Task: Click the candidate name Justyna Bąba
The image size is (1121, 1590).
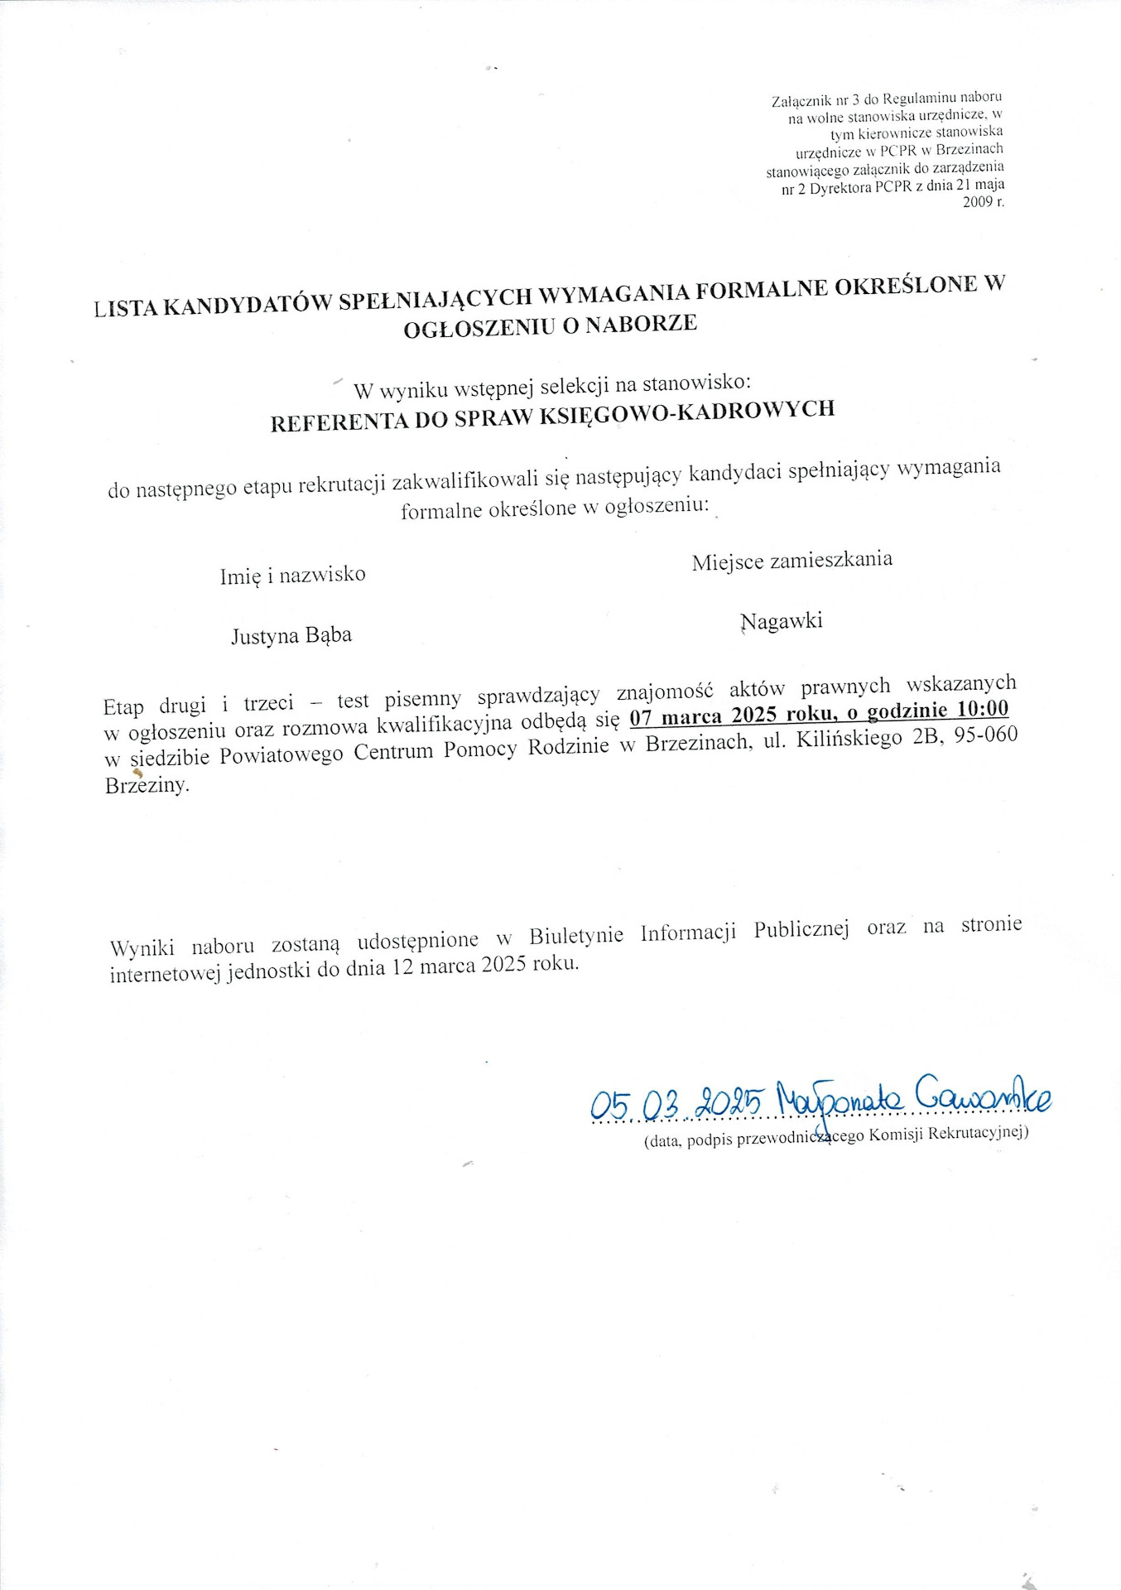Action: [291, 636]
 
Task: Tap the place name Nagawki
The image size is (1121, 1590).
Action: [782, 621]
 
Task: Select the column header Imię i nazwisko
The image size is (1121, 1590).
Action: [292, 575]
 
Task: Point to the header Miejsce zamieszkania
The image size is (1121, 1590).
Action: [792, 561]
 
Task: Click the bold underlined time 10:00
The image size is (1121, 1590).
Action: [983, 708]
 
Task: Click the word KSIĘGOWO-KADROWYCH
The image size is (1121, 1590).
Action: [686, 411]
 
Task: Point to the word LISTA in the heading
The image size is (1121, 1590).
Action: [124, 309]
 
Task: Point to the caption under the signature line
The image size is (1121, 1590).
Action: [836, 1136]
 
